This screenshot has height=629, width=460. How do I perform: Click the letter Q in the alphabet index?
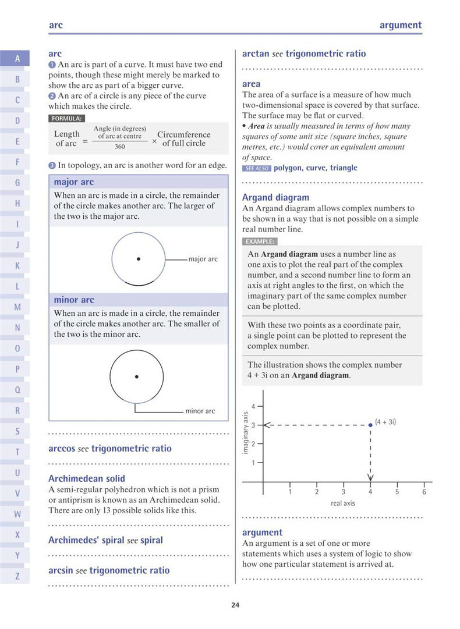(17, 390)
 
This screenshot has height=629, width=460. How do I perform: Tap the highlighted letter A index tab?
(17, 58)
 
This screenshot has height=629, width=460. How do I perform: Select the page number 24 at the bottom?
(235, 605)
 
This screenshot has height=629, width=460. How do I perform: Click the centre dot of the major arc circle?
(138, 259)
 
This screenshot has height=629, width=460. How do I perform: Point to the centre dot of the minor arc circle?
(136, 377)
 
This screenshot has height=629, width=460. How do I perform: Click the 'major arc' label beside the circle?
(203, 259)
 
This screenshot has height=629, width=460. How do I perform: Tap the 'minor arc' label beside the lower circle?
(200, 411)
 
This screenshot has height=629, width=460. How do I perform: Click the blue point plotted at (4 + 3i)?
(370, 425)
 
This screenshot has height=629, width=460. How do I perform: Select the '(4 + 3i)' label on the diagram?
(385, 421)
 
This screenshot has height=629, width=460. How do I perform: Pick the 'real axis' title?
(343, 503)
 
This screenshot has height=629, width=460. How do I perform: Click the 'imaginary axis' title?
(246, 433)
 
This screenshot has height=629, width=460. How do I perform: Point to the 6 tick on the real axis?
(424, 492)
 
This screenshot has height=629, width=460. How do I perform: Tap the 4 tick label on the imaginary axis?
(253, 406)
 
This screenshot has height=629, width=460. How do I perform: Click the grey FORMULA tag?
(66, 118)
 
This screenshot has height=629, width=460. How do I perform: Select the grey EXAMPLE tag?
(260, 241)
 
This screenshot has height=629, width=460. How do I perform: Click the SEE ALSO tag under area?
(256, 168)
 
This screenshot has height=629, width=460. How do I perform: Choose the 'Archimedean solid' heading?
(87, 479)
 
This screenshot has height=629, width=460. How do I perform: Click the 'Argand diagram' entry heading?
(275, 197)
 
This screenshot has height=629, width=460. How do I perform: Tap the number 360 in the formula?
(119, 147)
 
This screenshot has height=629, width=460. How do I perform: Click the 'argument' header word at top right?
(400, 25)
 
